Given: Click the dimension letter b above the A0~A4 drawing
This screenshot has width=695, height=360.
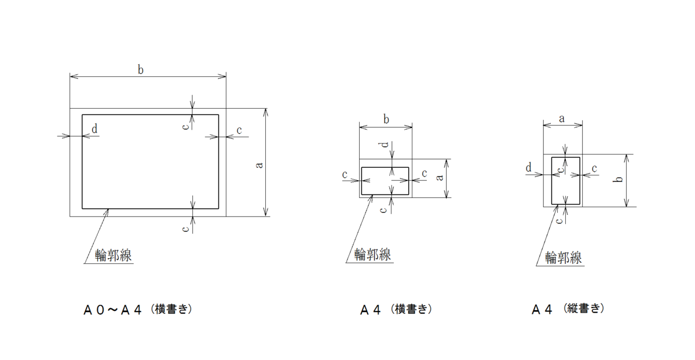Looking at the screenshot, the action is click(141, 69).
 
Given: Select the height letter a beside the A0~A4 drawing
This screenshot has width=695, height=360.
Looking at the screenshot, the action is click(259, 165).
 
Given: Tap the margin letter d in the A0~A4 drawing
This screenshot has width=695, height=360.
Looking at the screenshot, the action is click(94, 128).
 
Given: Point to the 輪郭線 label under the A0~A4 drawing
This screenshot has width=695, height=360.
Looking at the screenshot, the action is click(113, 254).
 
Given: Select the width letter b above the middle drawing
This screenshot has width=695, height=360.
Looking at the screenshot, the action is click(386, 119).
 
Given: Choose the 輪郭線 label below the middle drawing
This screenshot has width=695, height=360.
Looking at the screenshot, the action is click(372, 254).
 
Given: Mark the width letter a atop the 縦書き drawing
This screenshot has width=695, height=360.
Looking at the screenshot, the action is click(562, 117).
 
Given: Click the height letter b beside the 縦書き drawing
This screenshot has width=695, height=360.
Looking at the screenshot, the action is click(619, 180).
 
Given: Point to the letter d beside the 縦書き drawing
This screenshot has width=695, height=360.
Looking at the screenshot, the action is click(529, 168).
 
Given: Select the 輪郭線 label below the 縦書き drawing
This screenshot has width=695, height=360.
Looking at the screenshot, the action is click(564, 257).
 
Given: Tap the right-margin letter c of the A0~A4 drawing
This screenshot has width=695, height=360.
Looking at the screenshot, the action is click(239, 131).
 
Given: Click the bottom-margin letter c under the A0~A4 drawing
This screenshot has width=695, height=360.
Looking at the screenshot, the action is click(185, 229).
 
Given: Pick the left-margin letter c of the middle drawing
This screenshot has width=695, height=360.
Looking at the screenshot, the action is click(345, 174).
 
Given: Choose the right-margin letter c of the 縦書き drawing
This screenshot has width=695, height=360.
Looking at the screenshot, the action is click(594, 168).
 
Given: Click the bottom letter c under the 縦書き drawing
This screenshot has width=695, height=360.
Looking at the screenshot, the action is click(558, 221).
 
